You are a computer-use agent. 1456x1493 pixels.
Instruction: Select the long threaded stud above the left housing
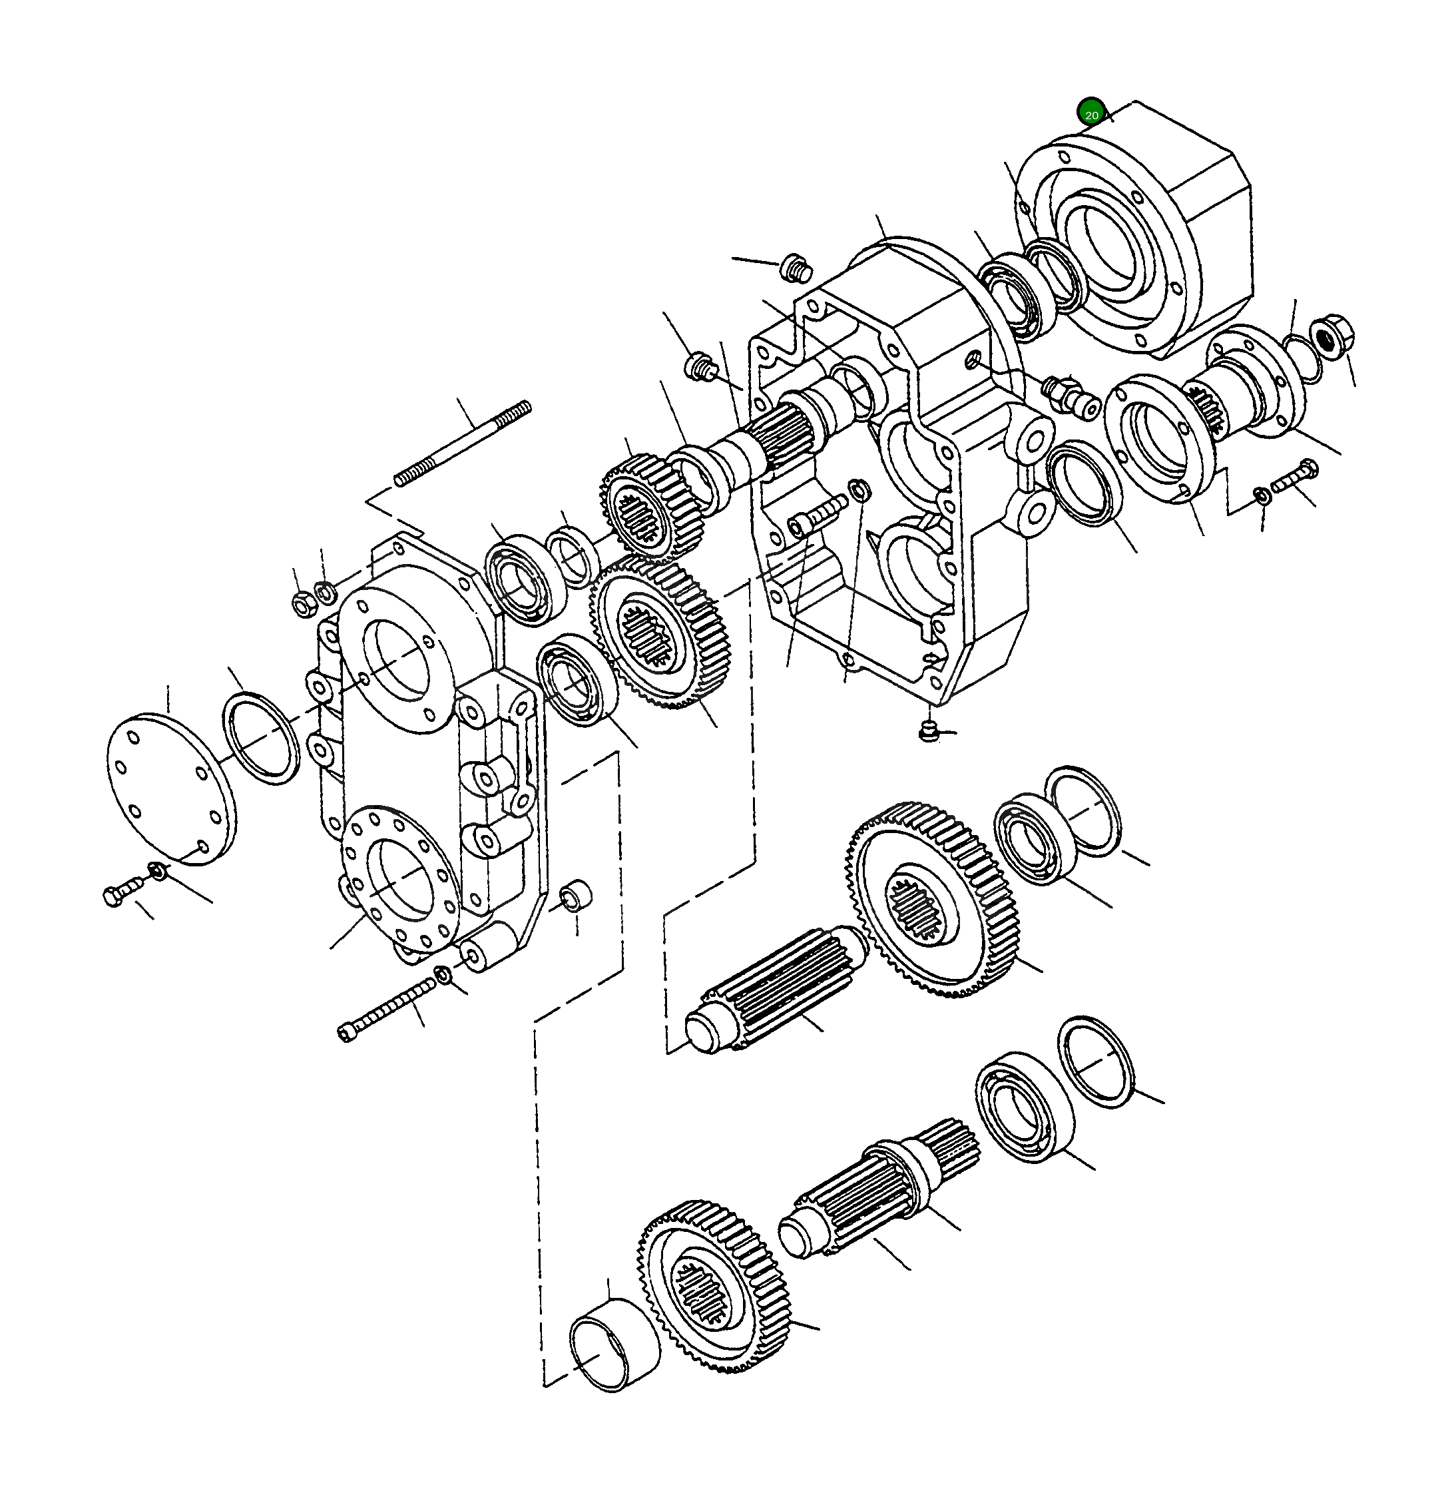463,444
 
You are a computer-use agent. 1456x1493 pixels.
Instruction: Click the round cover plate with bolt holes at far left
170,788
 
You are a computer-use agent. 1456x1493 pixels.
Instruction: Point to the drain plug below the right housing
927,731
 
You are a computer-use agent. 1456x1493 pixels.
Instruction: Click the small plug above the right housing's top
796,268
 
